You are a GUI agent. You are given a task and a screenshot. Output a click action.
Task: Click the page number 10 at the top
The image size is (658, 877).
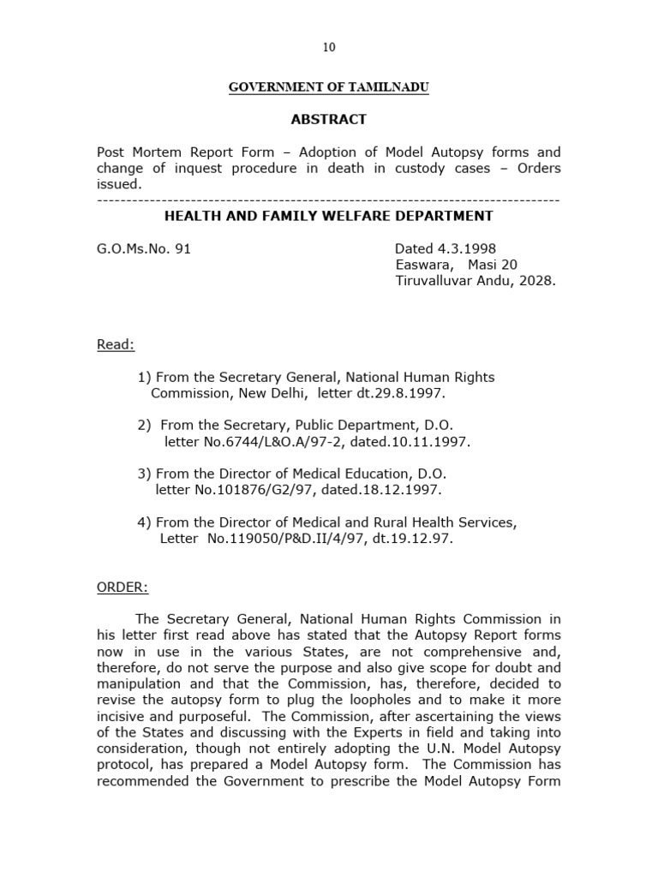[329, 48]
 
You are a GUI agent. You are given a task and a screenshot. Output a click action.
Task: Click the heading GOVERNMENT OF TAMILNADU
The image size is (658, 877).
[328, 88]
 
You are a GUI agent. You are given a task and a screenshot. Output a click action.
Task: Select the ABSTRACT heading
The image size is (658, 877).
[329, 120]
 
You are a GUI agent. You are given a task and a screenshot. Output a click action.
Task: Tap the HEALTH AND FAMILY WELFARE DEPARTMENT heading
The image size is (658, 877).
[329, 216]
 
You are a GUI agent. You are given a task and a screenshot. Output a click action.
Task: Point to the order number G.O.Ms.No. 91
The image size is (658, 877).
[144, 249]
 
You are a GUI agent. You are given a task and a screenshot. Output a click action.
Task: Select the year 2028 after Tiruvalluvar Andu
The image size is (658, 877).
[536, 281]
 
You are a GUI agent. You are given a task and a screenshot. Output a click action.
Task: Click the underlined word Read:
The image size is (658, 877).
[116, 344]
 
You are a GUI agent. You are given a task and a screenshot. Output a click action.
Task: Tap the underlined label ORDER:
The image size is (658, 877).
[123, 588]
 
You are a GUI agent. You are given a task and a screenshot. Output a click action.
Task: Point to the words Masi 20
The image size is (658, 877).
[493, 265]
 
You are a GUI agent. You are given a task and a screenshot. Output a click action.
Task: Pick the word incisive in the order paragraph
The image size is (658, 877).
[123, 717]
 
